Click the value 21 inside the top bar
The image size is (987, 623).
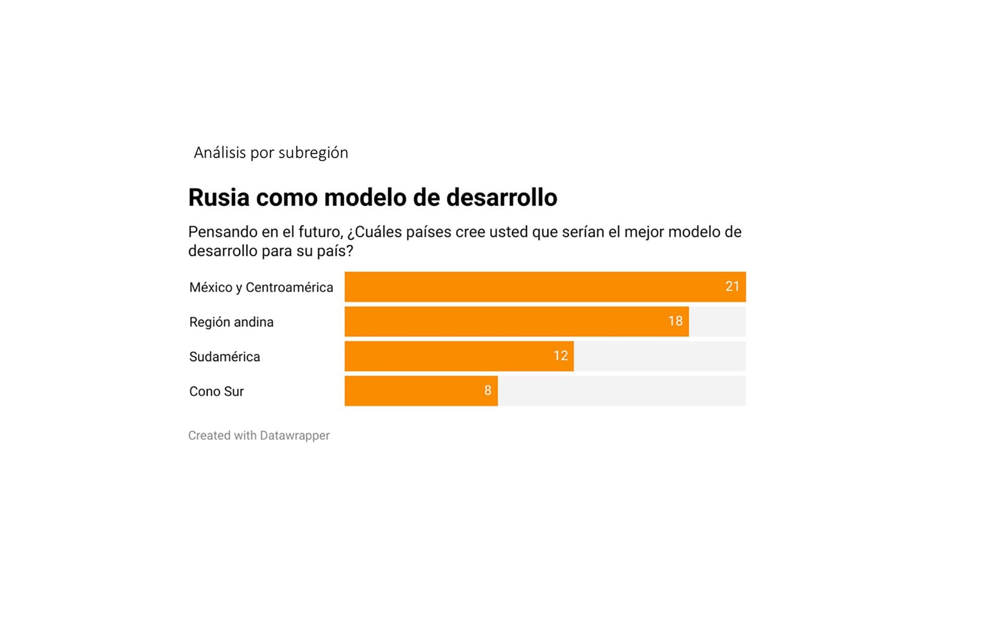(x=732, y=286)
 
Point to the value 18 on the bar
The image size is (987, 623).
(x=675, y=321)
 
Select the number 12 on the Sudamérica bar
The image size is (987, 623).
(x=560, y=356)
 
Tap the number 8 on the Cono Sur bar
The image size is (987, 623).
(x=487, y=391)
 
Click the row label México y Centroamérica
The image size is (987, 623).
(x=261, y=287)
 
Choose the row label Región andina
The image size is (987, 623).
(x=231, y=322)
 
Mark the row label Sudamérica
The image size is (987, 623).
(x=225, y=357)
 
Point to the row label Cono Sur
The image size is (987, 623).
(x=216, y=392)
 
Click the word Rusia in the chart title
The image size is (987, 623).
(x=218, y=197)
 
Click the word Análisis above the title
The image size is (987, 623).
(x=220, y=153)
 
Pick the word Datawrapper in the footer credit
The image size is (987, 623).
(x=295, y=435)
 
